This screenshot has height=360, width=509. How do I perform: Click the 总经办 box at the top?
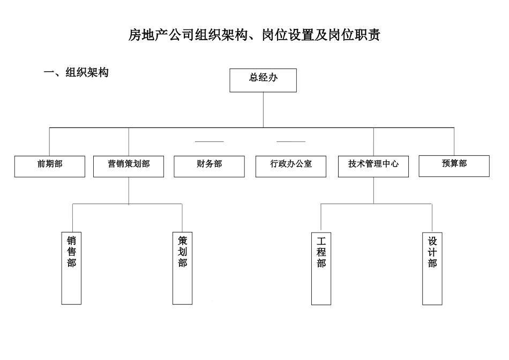(x=263, y=80)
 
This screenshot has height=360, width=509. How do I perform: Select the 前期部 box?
(x=50, y=166)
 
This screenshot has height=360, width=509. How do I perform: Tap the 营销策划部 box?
(x=129, y=166)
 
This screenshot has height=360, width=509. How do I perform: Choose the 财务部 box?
(x=209, y=166)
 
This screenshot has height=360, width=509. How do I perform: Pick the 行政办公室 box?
(x=291, y=166)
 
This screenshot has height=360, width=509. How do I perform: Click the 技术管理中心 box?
(x=373, y=166)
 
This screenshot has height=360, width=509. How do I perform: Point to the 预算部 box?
(x=454, y=166)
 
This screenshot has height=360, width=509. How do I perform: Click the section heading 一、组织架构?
(x=76, y=73)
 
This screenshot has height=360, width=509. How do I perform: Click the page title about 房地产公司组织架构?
(x=254, y=35)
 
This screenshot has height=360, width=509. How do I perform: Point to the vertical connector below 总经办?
(x=263, y=110)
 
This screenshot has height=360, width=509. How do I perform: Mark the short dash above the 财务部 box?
(x=209, y=141)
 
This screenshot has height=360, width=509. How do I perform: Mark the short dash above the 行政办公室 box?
(x=291, y=141)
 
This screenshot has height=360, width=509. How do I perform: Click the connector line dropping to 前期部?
(x=49, y=142)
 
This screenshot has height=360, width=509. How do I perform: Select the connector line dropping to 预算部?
(x=454, y=141)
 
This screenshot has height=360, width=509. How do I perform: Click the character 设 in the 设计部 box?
(x=432, y=240)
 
